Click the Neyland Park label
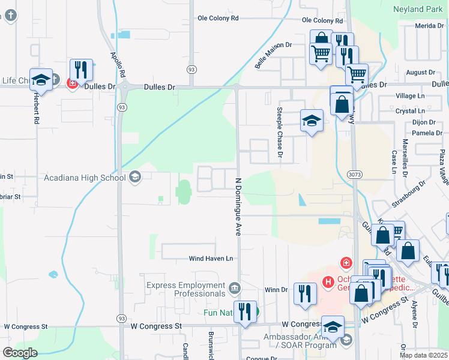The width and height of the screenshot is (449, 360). (x=417, y=9)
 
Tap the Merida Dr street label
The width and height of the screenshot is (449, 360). (x=429, y=26)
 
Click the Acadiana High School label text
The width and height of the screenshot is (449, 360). (x=84, y=177)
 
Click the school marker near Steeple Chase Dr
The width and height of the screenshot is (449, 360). (x=312, y=121)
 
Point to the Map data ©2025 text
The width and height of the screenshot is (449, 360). (x=423, y=355)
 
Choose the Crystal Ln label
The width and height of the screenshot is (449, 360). (x=411, y=111)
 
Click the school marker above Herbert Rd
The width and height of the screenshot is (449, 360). (x=41, y=79)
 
